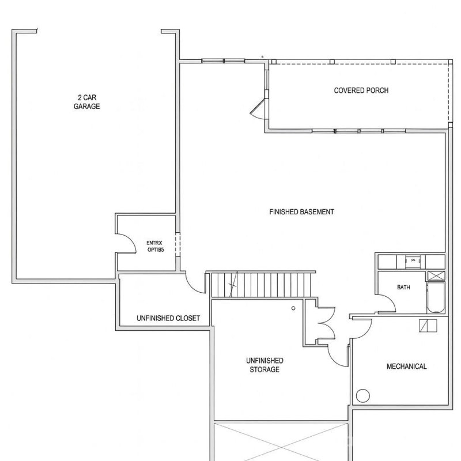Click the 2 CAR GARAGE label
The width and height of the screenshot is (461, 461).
[x=86, y=102]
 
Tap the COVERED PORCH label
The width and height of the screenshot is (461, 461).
[x=361, y=90]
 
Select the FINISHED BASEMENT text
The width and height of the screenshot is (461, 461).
[x=301, y=212]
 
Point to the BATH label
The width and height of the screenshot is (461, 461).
[x=403, y=287]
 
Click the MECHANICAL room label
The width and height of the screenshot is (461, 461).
[x=406, y=366]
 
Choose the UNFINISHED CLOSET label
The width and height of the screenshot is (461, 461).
[x=168, y=318]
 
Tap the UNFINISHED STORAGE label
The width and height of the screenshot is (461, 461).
[x=264, y=365]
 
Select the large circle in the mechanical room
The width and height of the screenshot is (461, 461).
[x=362, y=396]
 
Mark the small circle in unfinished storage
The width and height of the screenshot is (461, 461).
[x=293, y=309]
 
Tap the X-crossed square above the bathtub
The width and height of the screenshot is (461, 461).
[x=435, y=275]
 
